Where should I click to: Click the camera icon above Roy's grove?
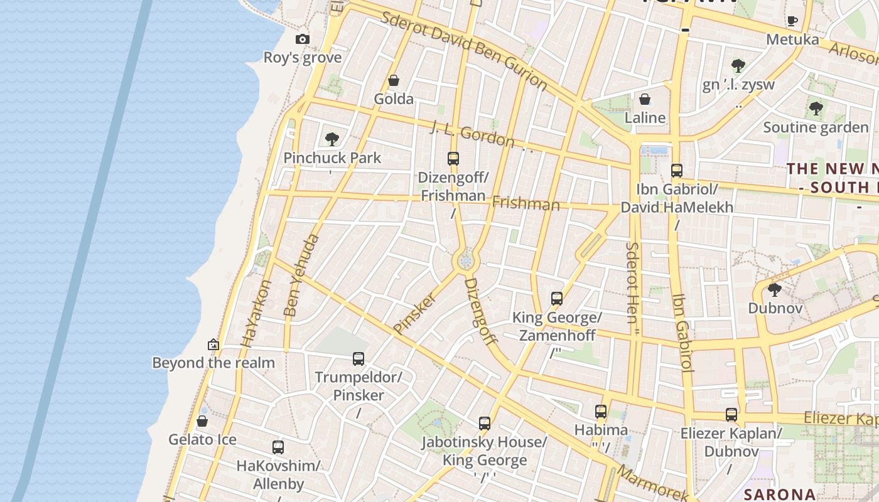coord(303,40)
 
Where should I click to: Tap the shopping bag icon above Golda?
coord(394,80)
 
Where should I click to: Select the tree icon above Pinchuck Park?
coord(332,139)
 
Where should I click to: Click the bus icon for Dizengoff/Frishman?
coord(453,158)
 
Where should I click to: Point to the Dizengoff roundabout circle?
coord(465,260)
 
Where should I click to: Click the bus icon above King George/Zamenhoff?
coord(557,299)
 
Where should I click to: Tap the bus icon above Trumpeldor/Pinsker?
coord(359,359)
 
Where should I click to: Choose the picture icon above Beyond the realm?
coord(213,344)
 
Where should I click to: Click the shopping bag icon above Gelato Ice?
coord(202,421)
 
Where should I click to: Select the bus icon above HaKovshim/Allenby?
coord(278,447)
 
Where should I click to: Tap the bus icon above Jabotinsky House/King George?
coord(484,424)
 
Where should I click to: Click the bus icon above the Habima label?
coord(601,412)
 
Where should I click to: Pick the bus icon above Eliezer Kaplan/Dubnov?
coord(731,415)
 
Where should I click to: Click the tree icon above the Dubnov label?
coord(775,290)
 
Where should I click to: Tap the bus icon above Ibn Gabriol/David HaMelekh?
coord(677,170)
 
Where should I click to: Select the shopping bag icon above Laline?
coord(645,99)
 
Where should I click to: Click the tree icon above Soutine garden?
coord(816,109)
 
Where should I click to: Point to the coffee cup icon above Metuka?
coord(792,21)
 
